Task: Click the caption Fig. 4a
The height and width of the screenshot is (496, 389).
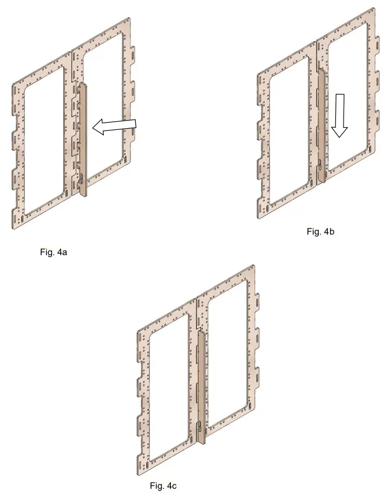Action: pos(53,252)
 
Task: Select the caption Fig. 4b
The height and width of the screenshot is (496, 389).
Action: pos(321,232)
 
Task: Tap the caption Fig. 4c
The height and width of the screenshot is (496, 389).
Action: pos(163,486)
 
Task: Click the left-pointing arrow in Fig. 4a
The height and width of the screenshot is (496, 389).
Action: pos(114,126)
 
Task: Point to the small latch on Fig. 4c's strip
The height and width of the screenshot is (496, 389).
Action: pos(199,427)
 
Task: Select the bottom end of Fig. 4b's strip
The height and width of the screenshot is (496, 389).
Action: pos(322,181)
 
